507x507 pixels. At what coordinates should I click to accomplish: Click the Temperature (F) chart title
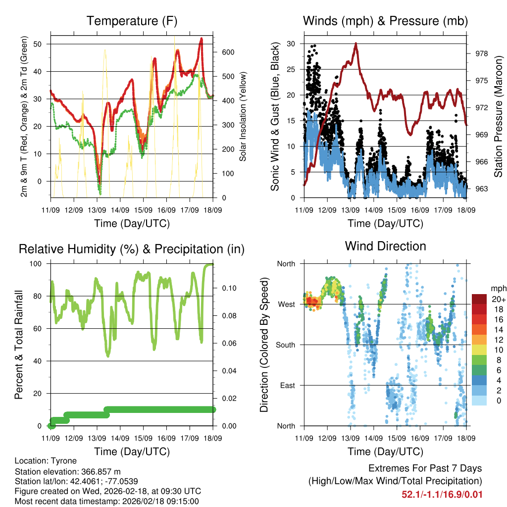click(x=132, y=21)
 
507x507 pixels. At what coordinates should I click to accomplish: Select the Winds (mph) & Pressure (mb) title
click(x=385, y=21)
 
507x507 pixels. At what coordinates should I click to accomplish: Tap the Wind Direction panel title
click(x=385, y=246)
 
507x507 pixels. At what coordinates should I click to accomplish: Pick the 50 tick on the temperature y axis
click(x=42, y=44)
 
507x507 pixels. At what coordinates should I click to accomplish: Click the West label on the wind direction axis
click(x=286, y=304)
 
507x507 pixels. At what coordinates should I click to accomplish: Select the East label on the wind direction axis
click(x=287, y=385)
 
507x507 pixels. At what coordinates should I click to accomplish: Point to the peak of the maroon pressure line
click(x=356, y=44)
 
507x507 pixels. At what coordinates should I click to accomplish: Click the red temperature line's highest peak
click(x=202, y=39)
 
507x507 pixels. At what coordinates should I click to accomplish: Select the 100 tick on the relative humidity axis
click(x=39, y=263)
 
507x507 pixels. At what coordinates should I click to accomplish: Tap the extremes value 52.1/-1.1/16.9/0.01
click(x=442, y=494)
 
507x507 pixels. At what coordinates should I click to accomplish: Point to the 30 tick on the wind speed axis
click(x=291, y=44)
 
